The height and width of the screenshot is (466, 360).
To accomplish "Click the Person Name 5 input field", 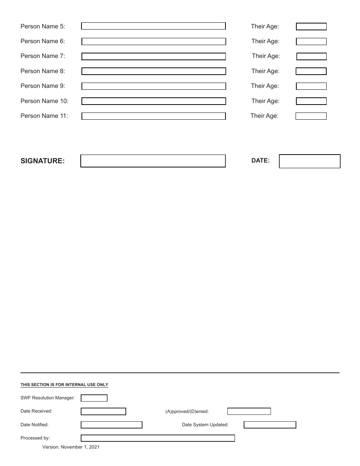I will (153, 26).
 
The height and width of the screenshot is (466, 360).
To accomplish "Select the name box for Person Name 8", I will (153, 71).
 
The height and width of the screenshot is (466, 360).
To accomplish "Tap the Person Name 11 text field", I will (153, 116).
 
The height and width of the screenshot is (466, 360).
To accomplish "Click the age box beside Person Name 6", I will (311, 41).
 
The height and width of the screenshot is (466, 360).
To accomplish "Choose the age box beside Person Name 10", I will (311, 101).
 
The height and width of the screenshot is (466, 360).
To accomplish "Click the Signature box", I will (153, 161).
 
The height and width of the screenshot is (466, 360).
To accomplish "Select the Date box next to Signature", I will (310, 161).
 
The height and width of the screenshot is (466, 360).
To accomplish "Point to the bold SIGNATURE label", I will (42, 161).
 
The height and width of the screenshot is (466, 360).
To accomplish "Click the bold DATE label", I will (260, 161).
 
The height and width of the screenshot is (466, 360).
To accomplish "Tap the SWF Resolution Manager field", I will (94, 398).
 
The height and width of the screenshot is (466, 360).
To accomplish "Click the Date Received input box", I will (103, 411).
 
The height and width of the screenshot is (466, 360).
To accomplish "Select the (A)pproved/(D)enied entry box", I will (249, 411).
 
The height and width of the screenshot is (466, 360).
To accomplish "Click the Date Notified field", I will (111, 425).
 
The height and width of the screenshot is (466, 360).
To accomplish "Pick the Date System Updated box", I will (270, 425).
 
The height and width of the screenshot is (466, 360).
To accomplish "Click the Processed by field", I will (158, 438).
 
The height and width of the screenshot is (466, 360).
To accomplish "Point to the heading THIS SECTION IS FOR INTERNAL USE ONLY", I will (64, 385).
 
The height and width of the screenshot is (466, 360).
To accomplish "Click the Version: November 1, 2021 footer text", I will (71, 447).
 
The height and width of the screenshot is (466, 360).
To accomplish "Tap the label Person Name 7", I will (43, 56).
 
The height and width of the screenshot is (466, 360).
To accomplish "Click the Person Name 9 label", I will (43, 86).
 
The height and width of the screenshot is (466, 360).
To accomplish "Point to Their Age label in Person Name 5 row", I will (265, 27).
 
